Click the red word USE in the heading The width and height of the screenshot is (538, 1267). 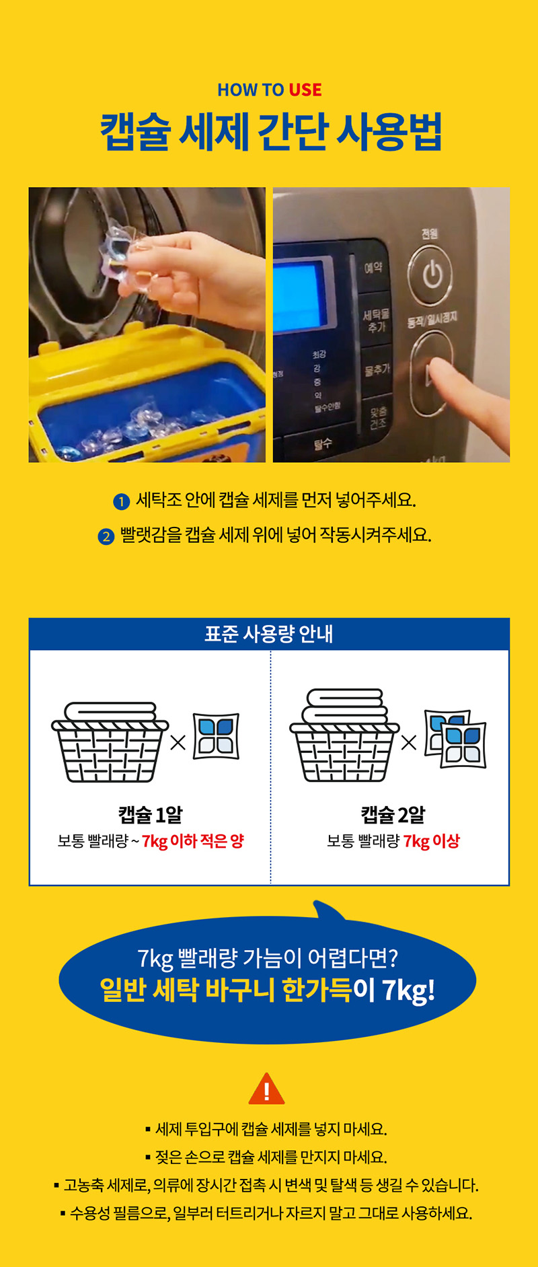pos(305,89)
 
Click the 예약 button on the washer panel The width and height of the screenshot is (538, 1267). pos(373,267)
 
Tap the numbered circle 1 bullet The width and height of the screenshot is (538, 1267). pos(121,501)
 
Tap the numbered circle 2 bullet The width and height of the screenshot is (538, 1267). pos(106,536)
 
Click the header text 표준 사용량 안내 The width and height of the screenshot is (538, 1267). pos(269,634)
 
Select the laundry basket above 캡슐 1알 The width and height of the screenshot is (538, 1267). pos(110,742)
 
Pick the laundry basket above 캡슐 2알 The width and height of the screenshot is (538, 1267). pos(344,735)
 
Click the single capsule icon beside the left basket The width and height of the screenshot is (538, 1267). pos(216,736)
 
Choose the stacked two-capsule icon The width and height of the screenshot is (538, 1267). pos(455,739)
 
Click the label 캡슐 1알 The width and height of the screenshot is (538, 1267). pos(151,815)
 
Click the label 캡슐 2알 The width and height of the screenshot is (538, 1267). pos(393,815)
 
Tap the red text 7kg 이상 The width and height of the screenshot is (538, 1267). pos(432,841)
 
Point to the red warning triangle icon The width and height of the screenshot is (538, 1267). pos(267,1089)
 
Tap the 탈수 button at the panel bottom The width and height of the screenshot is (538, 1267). pos(323,444)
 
